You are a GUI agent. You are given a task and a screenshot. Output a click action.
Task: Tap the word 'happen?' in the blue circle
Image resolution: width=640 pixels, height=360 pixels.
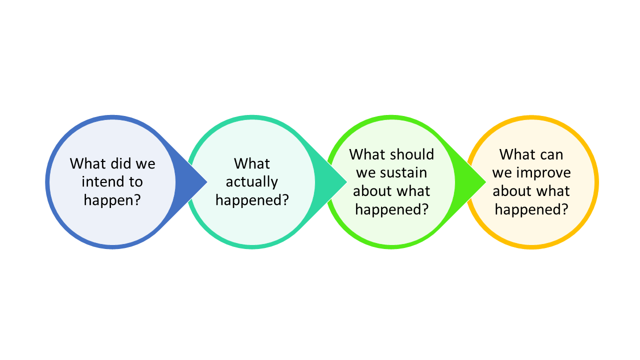(x=112, y=200)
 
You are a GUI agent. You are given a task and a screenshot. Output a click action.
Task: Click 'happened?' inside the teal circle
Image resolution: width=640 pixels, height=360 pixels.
(x=252, y=200)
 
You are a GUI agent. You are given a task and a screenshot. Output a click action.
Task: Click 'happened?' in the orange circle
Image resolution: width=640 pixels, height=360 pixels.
(x=531, y=209)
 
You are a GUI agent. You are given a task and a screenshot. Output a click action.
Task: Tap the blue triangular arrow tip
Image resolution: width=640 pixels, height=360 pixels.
(x=207, y=181)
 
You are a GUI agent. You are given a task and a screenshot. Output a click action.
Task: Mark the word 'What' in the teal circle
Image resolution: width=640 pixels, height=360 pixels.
(x=251, y=163)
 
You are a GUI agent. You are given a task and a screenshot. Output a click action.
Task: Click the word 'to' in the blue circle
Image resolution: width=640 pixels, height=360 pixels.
(x=135, y=182)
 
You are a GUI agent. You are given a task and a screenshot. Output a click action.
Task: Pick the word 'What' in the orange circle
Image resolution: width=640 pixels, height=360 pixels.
(x=517, y=154)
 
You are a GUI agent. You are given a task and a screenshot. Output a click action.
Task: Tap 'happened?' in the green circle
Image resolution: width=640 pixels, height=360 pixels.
(x=391, y=209)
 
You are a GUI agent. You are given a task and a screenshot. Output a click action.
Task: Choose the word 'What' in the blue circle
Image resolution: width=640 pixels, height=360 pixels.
(x=87, y=163)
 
